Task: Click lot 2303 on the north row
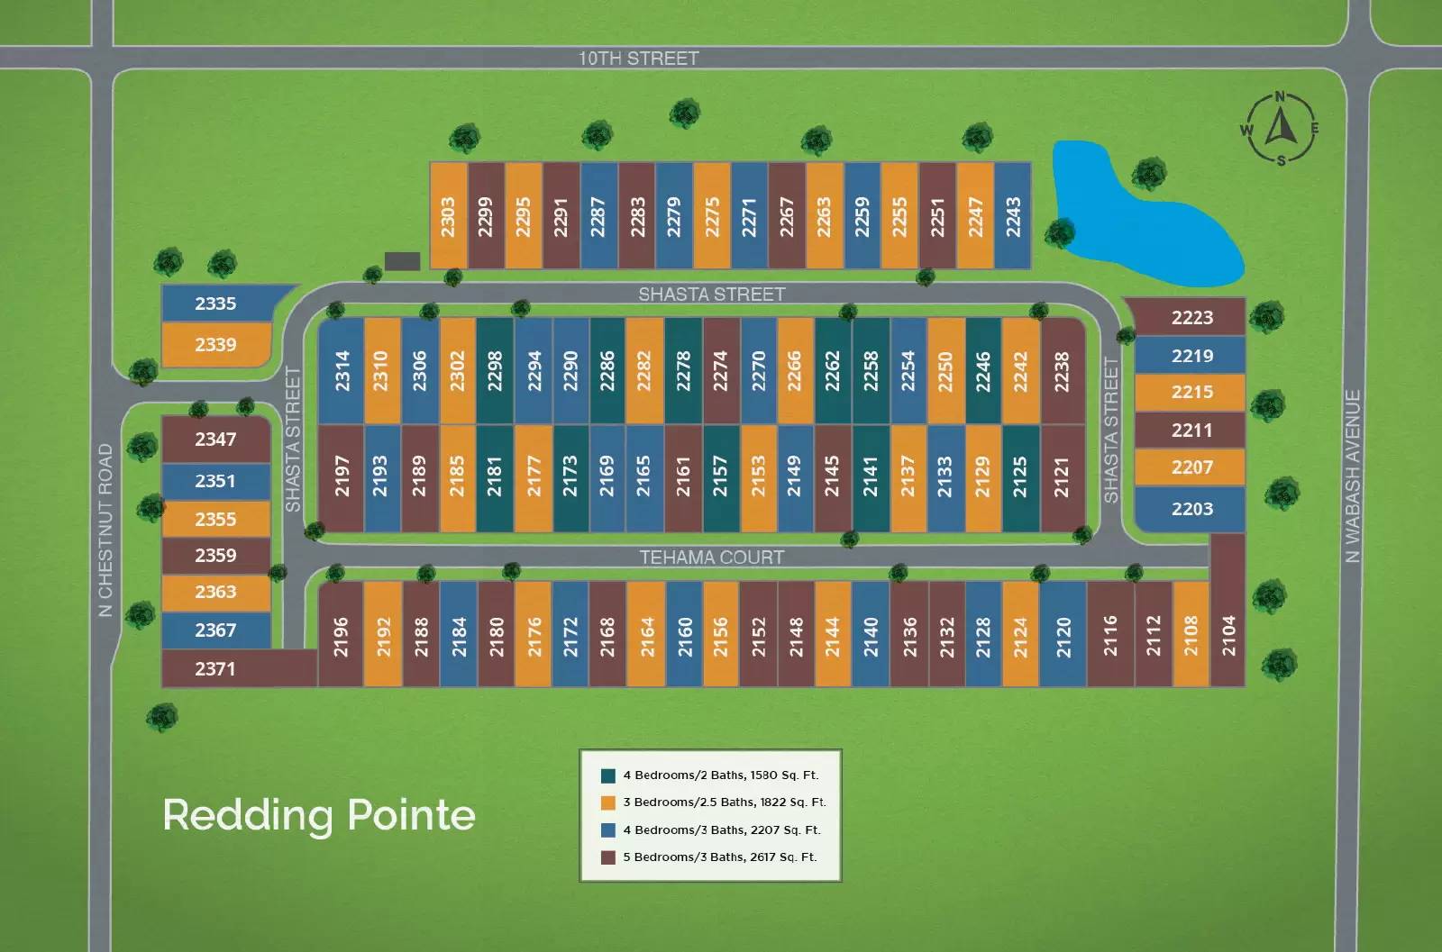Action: (x=448, y=215)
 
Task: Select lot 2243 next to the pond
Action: (x=1013, y=215)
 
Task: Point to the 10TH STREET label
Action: (x=639, y=59)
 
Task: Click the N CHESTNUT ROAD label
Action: (x=105, y=530)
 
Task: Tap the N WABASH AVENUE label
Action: (x=1353, y=476)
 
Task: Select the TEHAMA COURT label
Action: (x=711, y=557)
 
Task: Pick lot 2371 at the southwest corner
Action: (x=238, y=668)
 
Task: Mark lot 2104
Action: (x=1228, y=611)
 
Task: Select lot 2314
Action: (x=342, y=371)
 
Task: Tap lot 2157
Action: (x=720, y=477)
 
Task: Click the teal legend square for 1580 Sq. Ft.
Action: (x=607, y=775)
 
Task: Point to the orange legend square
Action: (x=607, y=802)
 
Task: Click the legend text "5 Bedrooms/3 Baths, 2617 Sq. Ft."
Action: (x=720, y=857)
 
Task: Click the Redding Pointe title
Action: (x=319, y=815)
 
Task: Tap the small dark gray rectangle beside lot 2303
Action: (x=402, y=261)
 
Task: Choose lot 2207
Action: (x=1191, y=467)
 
